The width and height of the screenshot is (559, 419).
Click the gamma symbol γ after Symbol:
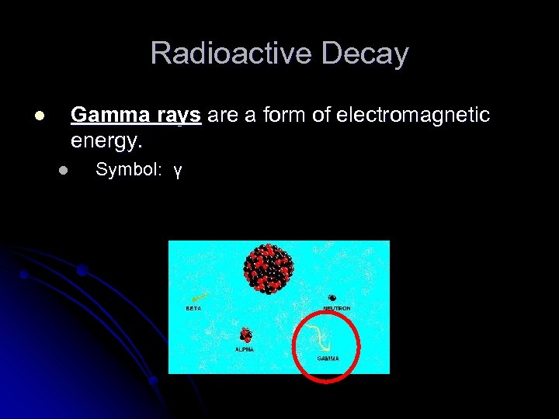point(178,171)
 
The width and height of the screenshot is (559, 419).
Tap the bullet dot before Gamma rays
point(39,116)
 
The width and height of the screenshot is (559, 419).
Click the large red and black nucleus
point(268,268)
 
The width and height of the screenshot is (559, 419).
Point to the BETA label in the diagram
point(193,308)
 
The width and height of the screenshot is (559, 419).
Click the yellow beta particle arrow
point(199,298)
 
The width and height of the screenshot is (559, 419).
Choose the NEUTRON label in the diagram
point(337,308)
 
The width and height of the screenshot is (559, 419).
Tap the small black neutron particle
point(332,298)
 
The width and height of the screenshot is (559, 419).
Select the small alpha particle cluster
point(246,335)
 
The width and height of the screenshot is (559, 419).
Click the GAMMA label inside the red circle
point(328,358)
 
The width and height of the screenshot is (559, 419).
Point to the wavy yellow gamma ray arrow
point(318,335)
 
